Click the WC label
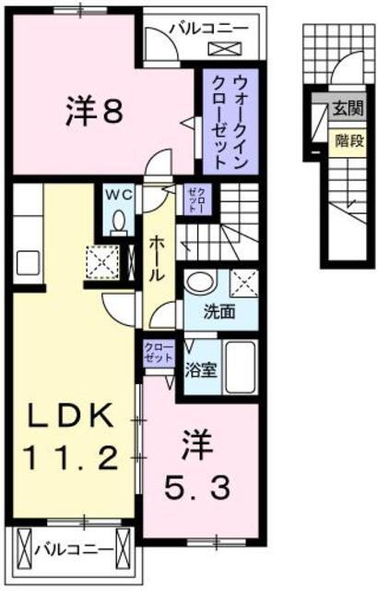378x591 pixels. click(x=119, y=196)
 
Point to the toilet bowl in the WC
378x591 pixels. click(x=119, y=223)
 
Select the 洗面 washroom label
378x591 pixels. click(x=220, y=311)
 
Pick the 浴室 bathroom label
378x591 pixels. click(x=201, y=369)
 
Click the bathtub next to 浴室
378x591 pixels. click(x=242, y=368)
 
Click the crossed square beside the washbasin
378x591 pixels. click(x=242, y=283)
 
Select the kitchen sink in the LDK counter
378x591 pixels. click(x=27, y=261)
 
